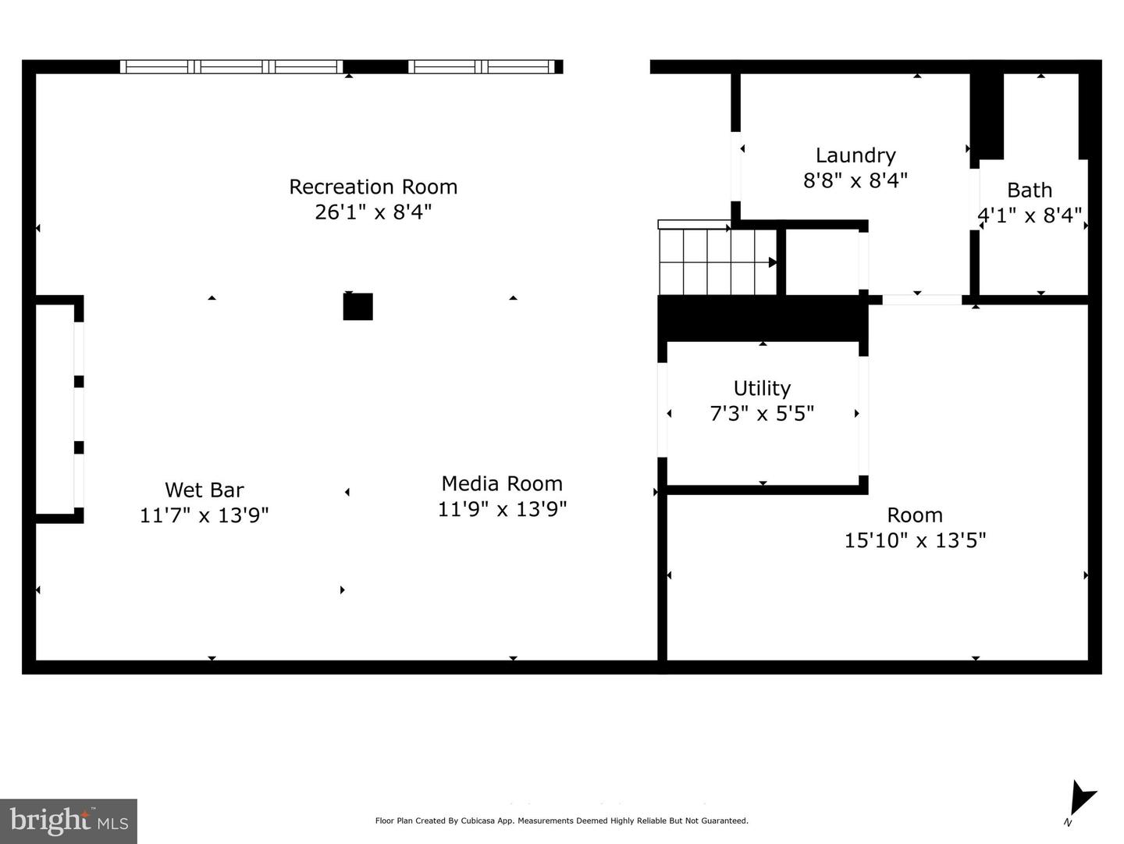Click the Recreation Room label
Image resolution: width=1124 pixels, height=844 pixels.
[x=373, y=187]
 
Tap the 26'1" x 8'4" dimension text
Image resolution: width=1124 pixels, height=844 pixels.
[x=373, y=212]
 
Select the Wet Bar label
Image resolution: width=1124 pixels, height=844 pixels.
[x=205, y=490]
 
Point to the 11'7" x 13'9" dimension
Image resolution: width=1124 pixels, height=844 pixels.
[x=205, y=515]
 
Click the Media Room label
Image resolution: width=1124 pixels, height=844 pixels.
[x=502, y=484]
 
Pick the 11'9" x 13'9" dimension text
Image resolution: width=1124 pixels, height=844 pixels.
[x=502, y=509]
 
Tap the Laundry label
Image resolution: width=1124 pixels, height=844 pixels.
[x=855, y=155]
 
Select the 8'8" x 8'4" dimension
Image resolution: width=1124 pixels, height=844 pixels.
[x=855, y=180]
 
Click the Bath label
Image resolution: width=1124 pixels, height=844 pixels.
[x=1030, y=191]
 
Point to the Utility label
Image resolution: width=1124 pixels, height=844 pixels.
[x=762, y=389]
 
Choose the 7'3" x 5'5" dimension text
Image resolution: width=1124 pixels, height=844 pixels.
[x=762, y=414]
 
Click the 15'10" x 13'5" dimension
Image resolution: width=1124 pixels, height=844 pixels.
[x=915, y=540]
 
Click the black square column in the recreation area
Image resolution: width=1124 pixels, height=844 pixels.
[x=358, y=307]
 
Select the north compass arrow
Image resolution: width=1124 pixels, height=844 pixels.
[x=1082, y=799]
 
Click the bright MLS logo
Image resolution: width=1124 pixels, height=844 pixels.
[x=69, y=821]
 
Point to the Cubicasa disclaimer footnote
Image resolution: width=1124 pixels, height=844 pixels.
[x=561, y=821]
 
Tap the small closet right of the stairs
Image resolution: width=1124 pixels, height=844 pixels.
[x=822, y=262]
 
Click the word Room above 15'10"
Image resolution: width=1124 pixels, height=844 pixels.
[x=915, y=515]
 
